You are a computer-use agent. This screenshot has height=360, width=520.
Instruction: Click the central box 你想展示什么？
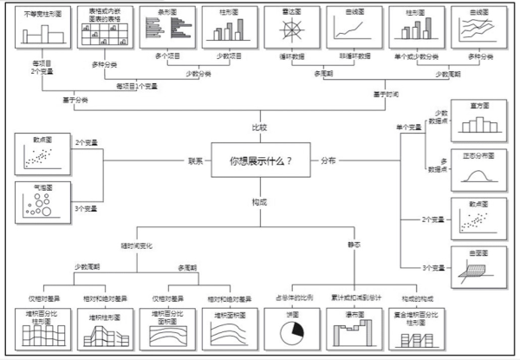coord(260,160)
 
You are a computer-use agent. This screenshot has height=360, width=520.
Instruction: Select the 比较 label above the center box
coord(259,127)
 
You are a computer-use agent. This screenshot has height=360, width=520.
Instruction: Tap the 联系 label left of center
coord(196,160)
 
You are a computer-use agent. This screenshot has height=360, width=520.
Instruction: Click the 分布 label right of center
coord(328,160)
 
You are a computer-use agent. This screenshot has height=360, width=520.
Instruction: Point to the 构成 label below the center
coord(259,202)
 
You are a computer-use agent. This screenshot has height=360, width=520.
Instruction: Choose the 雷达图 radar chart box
coord(292,29)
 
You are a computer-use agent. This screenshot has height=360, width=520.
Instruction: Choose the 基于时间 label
coord(388,94)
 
